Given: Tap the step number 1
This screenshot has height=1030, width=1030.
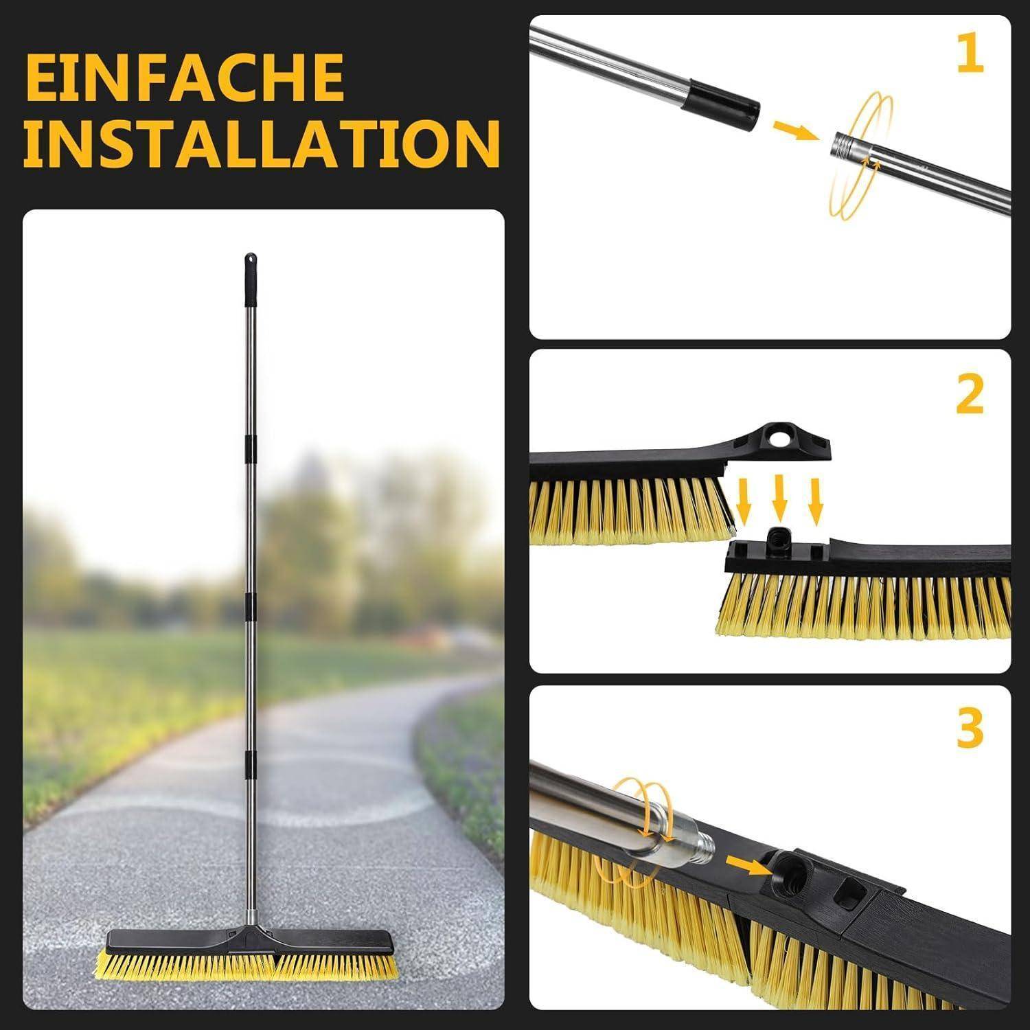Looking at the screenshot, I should (x=970, y=55).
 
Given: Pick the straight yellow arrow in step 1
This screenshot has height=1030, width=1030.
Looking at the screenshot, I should (x=794, y=129).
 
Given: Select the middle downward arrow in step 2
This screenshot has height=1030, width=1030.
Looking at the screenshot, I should (x=779, y=496).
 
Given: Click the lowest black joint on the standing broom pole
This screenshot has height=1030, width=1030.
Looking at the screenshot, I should (x=251, y=764).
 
